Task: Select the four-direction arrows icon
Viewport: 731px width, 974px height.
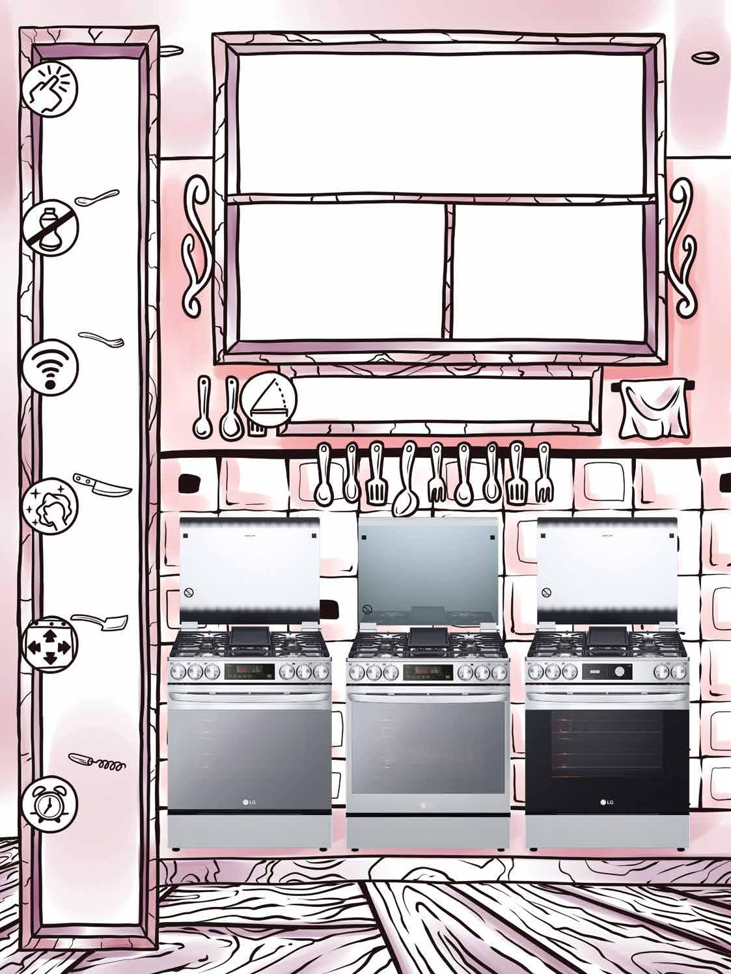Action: pos(49,645)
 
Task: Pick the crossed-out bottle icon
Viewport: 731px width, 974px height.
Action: pos(49,229)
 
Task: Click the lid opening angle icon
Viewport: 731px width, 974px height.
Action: pos(268,398)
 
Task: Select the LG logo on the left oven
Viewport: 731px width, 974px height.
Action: pos(251,803)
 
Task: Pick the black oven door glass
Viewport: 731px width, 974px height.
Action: pos(606,748)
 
